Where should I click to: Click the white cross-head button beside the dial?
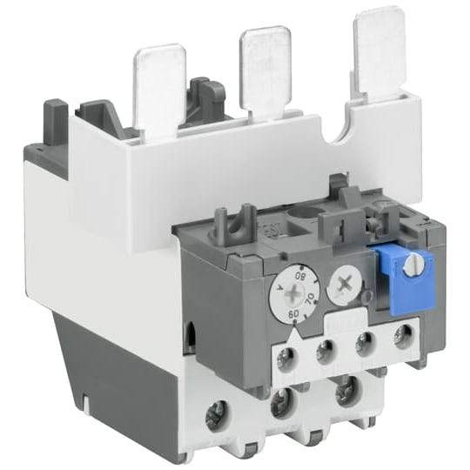coord(345,280)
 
